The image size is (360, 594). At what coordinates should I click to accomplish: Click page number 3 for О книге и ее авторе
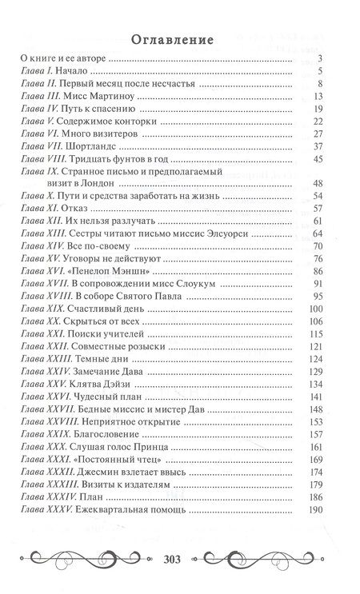click(319, 58)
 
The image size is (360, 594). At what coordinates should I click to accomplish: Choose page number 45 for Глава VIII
click(317, 160)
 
